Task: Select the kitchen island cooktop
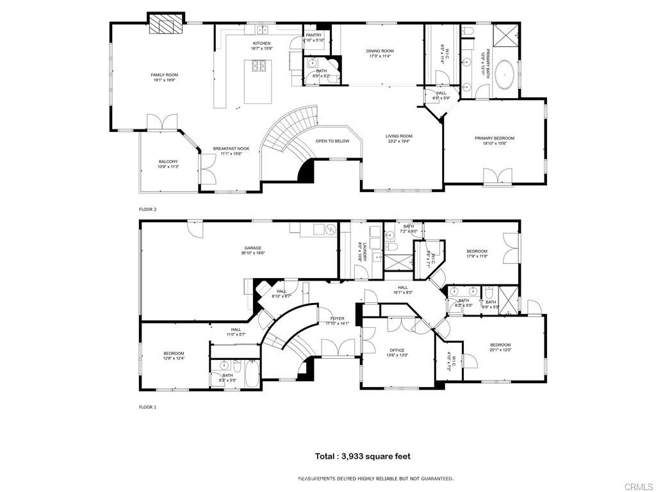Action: [x=260, y=65]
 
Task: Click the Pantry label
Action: [x=314, y=35]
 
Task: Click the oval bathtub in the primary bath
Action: [x=506, y=75]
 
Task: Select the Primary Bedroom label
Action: [x=494, y=138]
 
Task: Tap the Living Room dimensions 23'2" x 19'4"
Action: [x=398, y=142]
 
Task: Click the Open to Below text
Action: [x=332, y=141]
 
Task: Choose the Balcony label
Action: [x=168, y=161]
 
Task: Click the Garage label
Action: [x=252, y=248]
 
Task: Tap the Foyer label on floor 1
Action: [x=337, y=318]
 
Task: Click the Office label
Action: [x=397, y=350]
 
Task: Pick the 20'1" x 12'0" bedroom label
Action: [x=500, y=345]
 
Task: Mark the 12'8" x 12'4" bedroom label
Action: [x=174, y=353]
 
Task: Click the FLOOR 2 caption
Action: [x=148, y=209]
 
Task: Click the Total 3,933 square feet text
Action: [x=362, y=457]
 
